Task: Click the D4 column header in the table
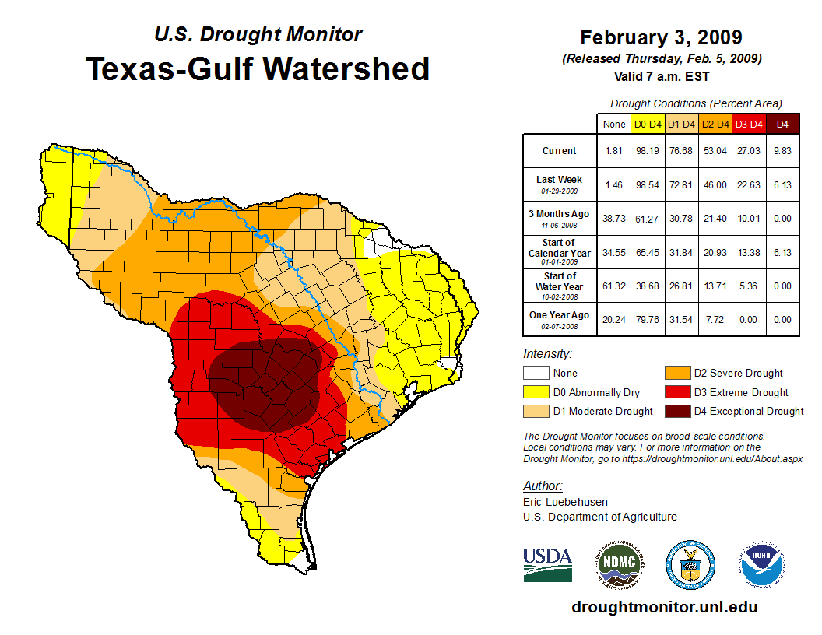coord(782,124)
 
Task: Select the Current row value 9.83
coord(782,151)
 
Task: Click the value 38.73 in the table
coord(614,218)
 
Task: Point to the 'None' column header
coord(614,124)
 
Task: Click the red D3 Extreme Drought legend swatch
coord(676,392)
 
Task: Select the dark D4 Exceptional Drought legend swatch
coord(676,411)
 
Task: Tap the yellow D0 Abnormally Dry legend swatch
coord(535,392)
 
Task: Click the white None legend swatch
coord(535,374)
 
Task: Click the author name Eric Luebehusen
coord(565,502)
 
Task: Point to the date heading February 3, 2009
coord(661,37)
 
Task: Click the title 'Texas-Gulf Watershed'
coord(258,68)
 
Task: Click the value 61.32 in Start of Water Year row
coord(614,286)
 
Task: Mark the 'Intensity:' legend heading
coord(547,354)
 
